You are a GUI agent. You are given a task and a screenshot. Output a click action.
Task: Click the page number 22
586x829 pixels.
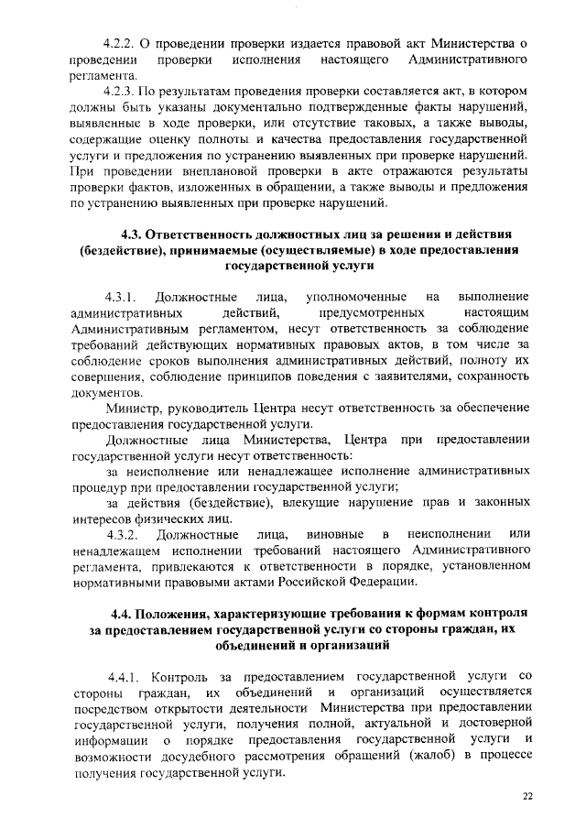[527, 796]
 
